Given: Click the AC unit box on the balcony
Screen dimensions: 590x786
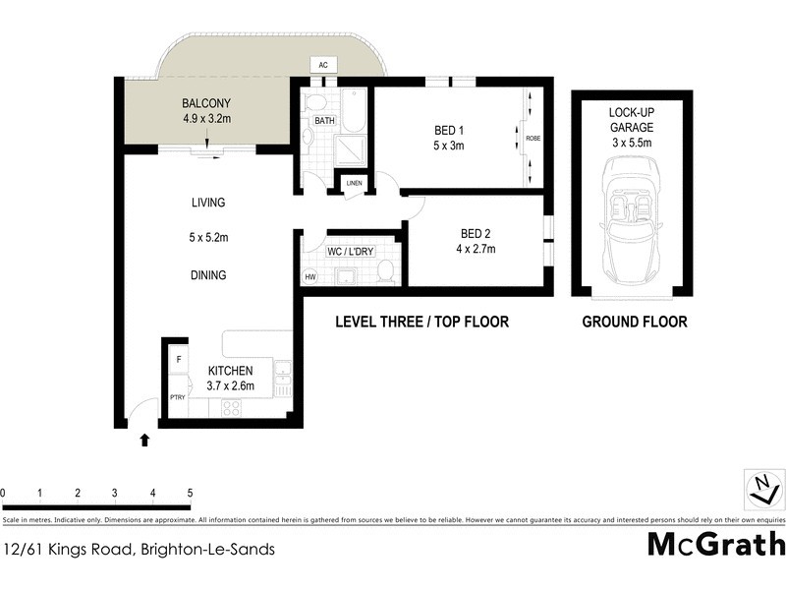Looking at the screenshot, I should pyautogui.click(x=323, y=65).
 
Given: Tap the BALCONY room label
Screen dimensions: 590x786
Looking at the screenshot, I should pyautogui.click(x=205, y=103).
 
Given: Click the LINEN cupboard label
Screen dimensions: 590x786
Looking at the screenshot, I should pyautogui.click(x=353, y=183).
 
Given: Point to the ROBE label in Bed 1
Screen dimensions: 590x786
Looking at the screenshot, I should pyautogui.click(x=533, y=139).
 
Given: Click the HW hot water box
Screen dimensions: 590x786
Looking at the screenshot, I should pyautogui.click(x=311, y=277).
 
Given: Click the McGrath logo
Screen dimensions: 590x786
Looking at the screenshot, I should pyautogui.click(x=716, y=544).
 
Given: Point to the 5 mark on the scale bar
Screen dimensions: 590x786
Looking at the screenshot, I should pyautogui.click(x=190, y=493).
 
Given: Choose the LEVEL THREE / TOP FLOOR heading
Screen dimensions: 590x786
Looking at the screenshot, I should pyautogui.click(x=421, y=322).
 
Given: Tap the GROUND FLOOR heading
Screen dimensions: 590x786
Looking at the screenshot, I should pyautogui.click(x=634, y=322).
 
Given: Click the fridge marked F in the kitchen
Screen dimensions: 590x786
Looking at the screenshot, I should pyautogui.click(x=179, y=360).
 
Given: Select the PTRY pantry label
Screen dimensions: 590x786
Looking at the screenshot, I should pyautogui.click(x=178, y=397).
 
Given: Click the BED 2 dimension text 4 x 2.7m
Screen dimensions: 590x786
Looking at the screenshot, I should pyautogui.click(x=475, y=249).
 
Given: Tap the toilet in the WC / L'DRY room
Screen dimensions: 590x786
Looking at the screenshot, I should pyautogui.click(x=387, y=271).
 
